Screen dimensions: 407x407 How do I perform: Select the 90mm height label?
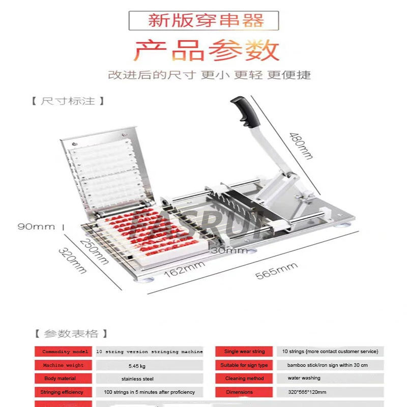click(36, 226)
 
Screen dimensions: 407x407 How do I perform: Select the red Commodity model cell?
click(65, 352)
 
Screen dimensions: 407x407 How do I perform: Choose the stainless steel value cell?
click(137, 379)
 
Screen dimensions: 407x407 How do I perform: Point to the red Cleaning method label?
click(244, 379)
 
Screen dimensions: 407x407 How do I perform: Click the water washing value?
click(304, 379)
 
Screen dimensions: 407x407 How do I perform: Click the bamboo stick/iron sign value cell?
click(327, 365)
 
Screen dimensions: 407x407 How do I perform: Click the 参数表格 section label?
click(71, 334)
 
